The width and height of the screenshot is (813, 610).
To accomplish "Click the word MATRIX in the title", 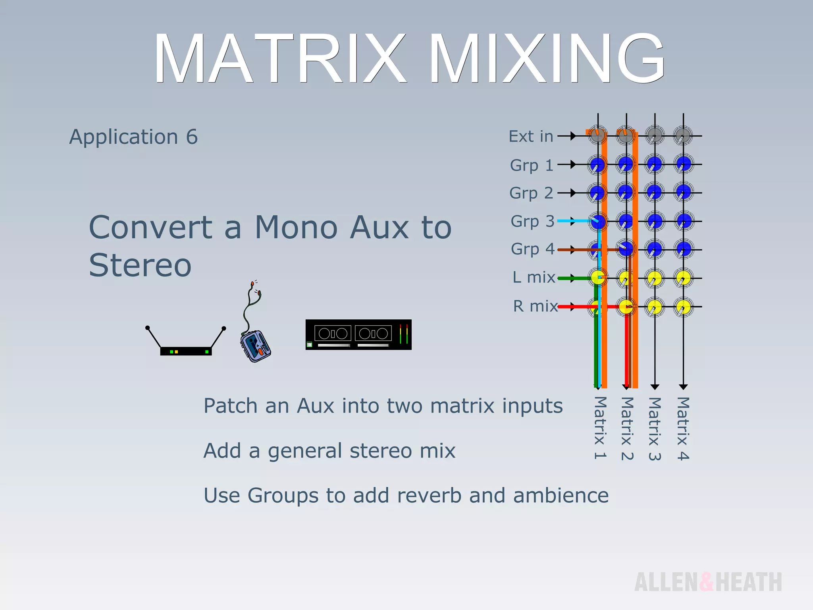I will click(280, 59).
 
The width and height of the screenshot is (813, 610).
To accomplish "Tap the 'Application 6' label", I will click(133, 137).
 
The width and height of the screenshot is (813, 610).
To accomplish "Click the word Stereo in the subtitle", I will click(140, 265).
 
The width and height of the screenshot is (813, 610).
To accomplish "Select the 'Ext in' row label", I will click(531, 137).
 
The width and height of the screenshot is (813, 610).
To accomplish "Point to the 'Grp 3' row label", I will click(532, 221).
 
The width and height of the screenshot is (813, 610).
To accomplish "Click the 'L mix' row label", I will click(533, 277).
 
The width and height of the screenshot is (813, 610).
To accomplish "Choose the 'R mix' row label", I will click(535, 306).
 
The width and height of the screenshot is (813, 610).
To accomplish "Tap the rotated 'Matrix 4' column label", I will click(683, 429).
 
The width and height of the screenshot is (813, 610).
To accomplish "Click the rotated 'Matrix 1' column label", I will click(600, 428).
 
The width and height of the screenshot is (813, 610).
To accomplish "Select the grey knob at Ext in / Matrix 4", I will click(683, 135).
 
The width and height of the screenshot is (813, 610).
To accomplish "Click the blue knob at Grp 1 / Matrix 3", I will click(655, 164).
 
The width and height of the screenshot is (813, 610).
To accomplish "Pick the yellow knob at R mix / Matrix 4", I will click(683, 307).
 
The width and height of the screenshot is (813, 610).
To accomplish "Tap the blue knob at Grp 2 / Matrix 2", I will click(626, 193).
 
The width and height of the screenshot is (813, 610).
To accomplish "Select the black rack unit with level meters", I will click(358, 334).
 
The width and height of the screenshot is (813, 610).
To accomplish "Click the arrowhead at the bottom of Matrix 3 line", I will click(655, 386).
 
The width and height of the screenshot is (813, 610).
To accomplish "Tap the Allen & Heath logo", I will click(708, 582).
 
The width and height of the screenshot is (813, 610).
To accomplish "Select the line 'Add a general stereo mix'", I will click(329, 451).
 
